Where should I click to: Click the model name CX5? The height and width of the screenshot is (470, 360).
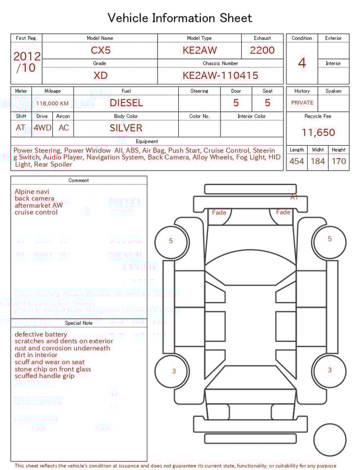click(x=101, y=50)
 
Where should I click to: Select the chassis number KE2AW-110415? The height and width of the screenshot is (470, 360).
click(x=220, y=75)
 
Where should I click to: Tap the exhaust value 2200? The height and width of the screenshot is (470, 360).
click(x=262, y=50)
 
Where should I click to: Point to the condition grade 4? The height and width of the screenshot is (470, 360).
click(x=301, y=63)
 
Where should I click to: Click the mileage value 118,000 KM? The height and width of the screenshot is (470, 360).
click(x=52, y=104)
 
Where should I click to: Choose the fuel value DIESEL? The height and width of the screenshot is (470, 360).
click(x=126, y=103)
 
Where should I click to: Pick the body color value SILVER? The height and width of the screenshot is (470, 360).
click(x=126, y=128)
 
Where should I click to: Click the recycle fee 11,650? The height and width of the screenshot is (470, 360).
click(x=318, y=133)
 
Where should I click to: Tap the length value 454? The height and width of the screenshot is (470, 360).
click(x=296, y=162)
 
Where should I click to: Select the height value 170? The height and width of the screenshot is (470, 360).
click(x=339, y=162)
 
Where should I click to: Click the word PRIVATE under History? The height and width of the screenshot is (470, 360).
click(x=302, y=103)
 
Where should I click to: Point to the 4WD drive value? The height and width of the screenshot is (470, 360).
click(x=42, y=128)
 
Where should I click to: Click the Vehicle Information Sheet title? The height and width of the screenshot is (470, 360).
click(x=180, y=18)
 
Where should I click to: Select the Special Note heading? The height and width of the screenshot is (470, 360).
click(x=79, y=323)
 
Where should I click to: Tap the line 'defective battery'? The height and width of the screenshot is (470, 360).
click(x=40, y=334)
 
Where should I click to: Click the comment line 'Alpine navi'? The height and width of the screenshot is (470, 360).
click(x=31, y=192)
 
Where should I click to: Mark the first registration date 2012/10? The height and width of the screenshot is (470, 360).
click(x=26, y=62)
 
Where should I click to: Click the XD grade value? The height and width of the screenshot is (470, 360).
click(x=101, y=75)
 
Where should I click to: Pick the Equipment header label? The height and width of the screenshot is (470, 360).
click(x=147, y=141)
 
